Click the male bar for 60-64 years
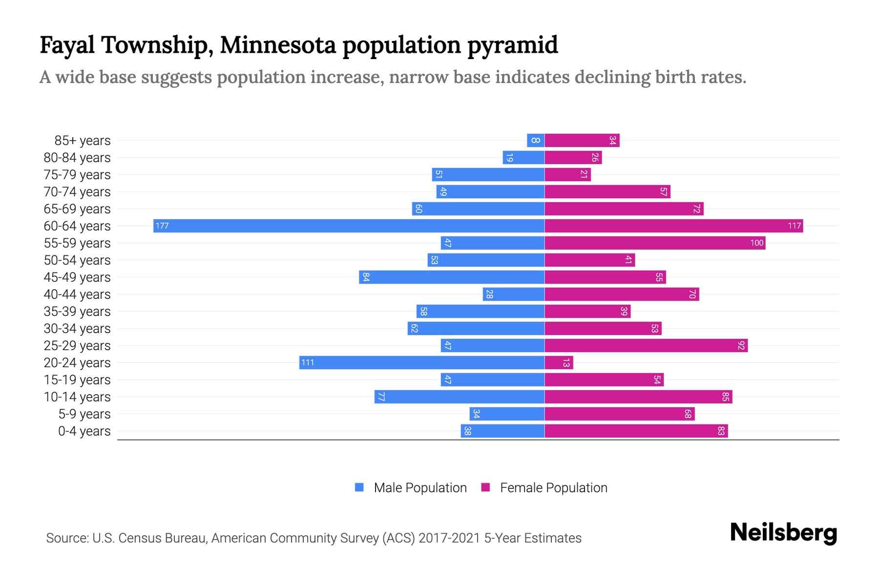[349, 226]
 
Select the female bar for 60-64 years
[673, 226]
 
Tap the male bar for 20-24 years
[422, 362]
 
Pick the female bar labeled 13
[559, 362]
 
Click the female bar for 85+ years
[582, 140]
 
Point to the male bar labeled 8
[536, 140]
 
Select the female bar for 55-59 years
[655, 243]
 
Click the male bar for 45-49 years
[452, 277]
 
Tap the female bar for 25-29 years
[646, 345]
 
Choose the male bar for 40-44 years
[514, 294]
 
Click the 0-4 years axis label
[84, 431]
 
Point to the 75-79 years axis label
[77, 175]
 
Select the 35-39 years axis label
[77, 312]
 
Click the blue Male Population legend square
[359, 487]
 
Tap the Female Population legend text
[553, 488]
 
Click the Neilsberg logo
[783, 533]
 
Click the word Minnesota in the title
[278, 45]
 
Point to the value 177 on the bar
[162, 226]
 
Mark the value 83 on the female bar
[721, 431]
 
